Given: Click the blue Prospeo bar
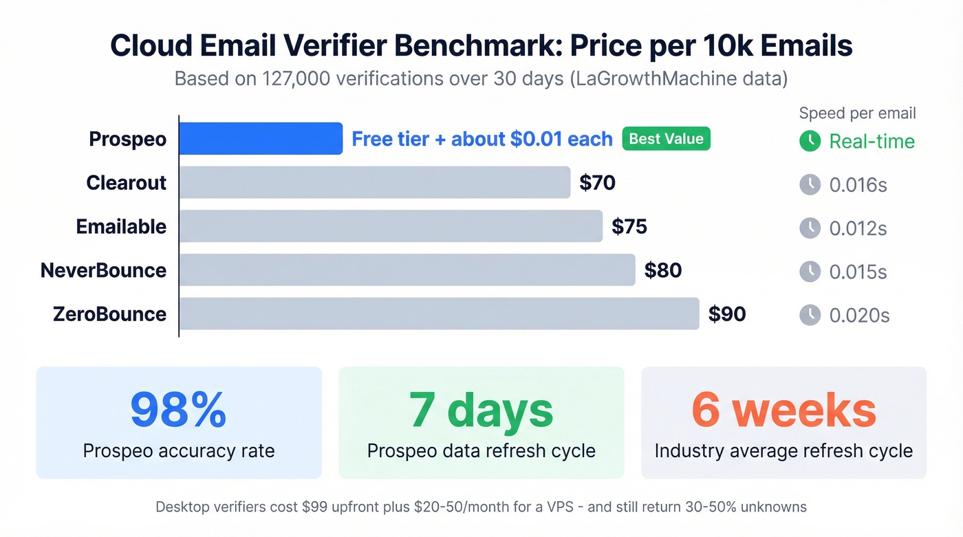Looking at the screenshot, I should (x=261, y=138).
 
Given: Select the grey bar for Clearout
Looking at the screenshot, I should (x=375, y=182).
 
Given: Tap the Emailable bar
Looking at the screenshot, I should (x=391, y=226).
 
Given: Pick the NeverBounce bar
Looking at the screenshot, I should (x=407, y=270).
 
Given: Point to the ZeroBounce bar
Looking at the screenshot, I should (x=439, y=314).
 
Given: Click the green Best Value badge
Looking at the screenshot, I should (x=666, y=139).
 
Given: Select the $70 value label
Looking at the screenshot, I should (x=597, y=183).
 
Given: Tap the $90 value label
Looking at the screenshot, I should (x=727, y=314).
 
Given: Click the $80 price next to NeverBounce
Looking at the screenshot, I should (x=662, y=270).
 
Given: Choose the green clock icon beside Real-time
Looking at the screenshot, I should (x=810, y=141).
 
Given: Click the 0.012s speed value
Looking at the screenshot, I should (x=858, y=228).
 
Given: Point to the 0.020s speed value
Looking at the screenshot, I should (x=859, y=316).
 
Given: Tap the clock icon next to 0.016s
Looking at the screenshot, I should (x=810, y=184).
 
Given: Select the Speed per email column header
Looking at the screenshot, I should (x=857, y=113).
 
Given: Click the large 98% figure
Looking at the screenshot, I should (x=178, y=410).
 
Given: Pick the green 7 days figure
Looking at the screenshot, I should (x=481, y=410).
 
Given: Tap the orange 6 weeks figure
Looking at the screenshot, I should (x=783, y=410).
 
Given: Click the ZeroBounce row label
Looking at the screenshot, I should (x=109, y=314).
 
